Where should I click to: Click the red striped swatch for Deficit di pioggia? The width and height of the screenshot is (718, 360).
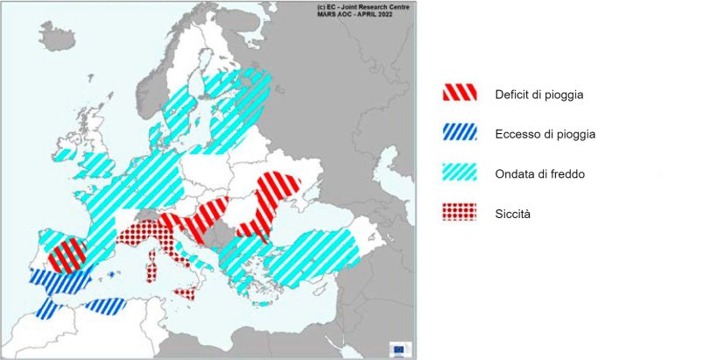pos(459,91)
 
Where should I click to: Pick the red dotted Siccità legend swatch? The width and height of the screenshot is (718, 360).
pos(459,211)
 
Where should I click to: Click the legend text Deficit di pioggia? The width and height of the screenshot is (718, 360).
pos(538,94)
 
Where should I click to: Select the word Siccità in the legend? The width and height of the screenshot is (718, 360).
pos(514,213)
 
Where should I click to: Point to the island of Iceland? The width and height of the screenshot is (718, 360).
pos(57,36)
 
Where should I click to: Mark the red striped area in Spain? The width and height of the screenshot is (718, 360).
pos(68,255)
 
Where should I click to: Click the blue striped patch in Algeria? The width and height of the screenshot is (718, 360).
pos(106,306)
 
